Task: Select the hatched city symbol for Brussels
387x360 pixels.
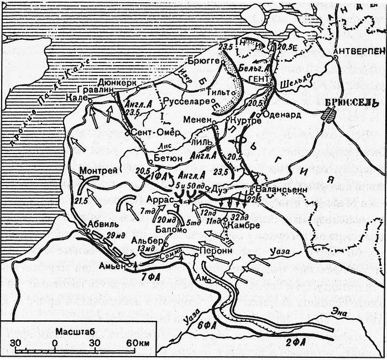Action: coord(328,117)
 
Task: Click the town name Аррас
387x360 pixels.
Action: coord(160,200)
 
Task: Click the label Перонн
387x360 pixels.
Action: coord(213,249)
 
